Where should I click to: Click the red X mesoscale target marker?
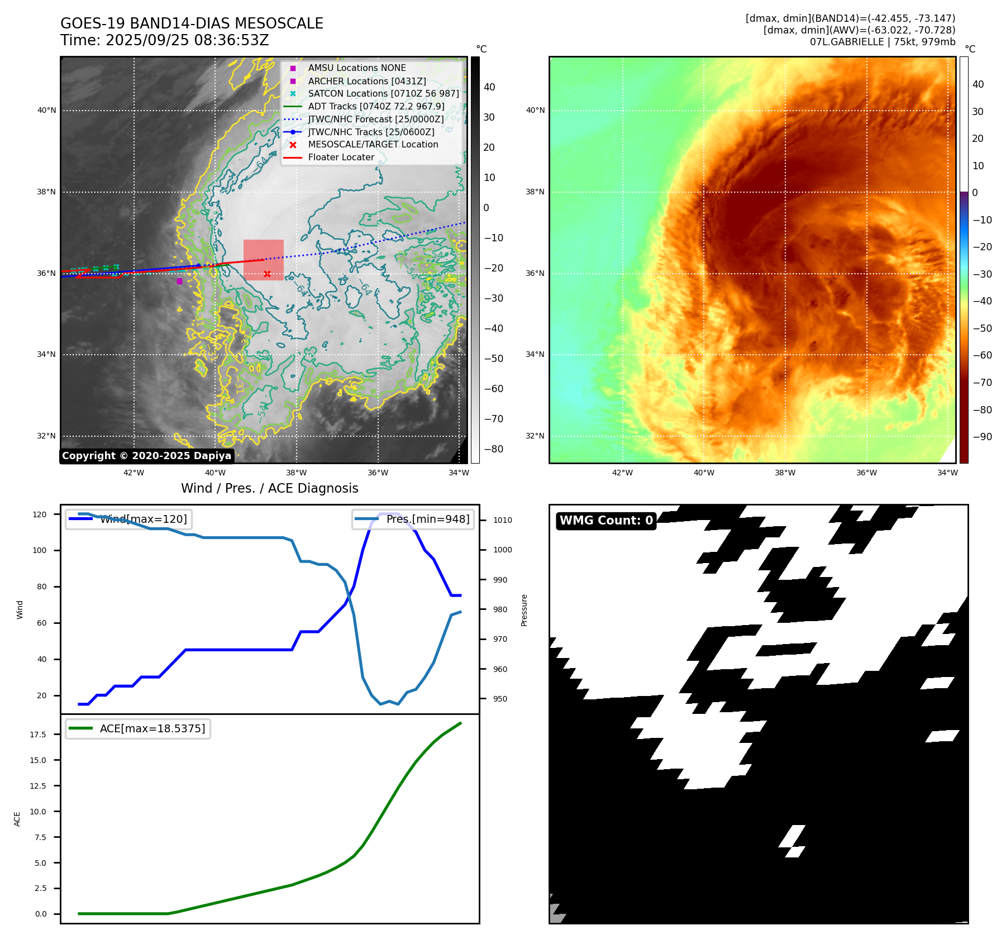point(267,274)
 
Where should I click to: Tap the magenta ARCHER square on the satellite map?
point(179,281)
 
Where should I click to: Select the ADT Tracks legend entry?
point(376,106)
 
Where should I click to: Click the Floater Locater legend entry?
point(341,157)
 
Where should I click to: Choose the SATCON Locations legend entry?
point(383,93)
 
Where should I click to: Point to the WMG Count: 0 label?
point(606,520)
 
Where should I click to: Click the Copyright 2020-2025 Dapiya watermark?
point(146,456)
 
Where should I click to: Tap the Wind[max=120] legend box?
point(128,519)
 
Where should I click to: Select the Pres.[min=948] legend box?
point(413,519)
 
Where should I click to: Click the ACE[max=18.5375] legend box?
point(138,728)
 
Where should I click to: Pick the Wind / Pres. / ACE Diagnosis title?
point(270,488)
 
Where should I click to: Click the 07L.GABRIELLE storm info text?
point(883,42)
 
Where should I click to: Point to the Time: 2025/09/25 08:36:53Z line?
point(165,40)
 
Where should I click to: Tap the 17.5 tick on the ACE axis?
point(38,735)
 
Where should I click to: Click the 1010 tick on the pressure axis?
point(502,520)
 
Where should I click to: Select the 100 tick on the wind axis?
point(40,550)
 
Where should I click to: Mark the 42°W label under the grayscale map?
point(134,473)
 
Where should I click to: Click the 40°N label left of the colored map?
point(535,110)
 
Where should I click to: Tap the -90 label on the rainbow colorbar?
point(982,437)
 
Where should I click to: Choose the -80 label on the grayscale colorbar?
point(493,449)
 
